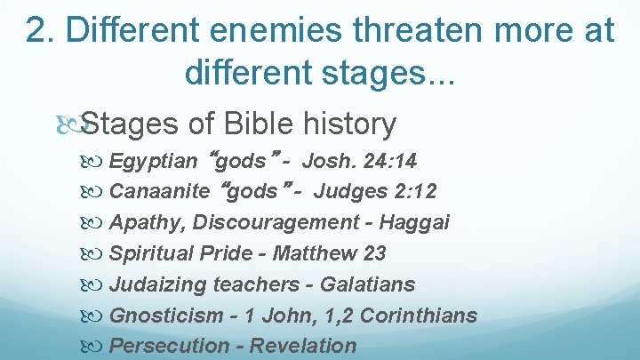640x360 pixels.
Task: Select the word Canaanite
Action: (x=159, y=191)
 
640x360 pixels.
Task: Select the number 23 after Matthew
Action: (x=374, y=253)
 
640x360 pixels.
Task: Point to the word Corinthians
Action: (x=422, y=316)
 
